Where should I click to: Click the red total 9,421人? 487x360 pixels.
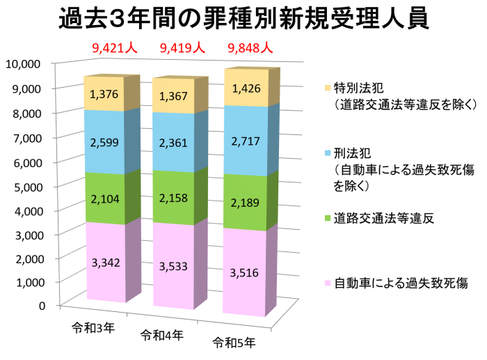(x=115, y=48)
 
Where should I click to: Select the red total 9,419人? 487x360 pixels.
(x=182, y=48)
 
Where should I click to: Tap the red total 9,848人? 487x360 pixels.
(x=250, y=48)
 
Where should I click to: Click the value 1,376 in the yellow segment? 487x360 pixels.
(x=105, y=93)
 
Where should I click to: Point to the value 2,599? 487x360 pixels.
(x=105, y=142)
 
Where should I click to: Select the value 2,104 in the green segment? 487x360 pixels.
(x=105, y=199)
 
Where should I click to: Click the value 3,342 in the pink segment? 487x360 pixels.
(x=106, y=263)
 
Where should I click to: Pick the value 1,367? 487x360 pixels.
(x=174, y=96)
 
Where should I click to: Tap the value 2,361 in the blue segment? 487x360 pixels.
(x=174, y=143)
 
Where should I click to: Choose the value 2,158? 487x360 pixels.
(x=174, y=198)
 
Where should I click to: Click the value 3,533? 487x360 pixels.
(x=174, y=266)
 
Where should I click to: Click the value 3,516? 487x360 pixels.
(x=244, y=272)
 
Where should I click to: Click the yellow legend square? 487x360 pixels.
(x=328, y=88)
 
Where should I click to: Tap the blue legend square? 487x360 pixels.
(x=328, y=152)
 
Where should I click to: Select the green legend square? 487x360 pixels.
(x=328, y=218)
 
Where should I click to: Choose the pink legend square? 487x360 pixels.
(x=328, y=283)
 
